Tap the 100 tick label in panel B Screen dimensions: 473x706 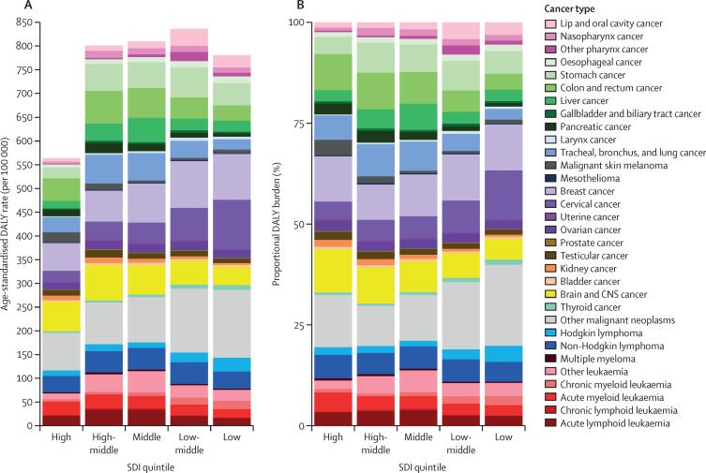pyautogui.click(x=299, y=22)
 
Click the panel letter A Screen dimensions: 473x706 pyautogui.click(x=7, y=7)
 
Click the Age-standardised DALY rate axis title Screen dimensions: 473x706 pyautogui.click(x=8, y=225)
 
